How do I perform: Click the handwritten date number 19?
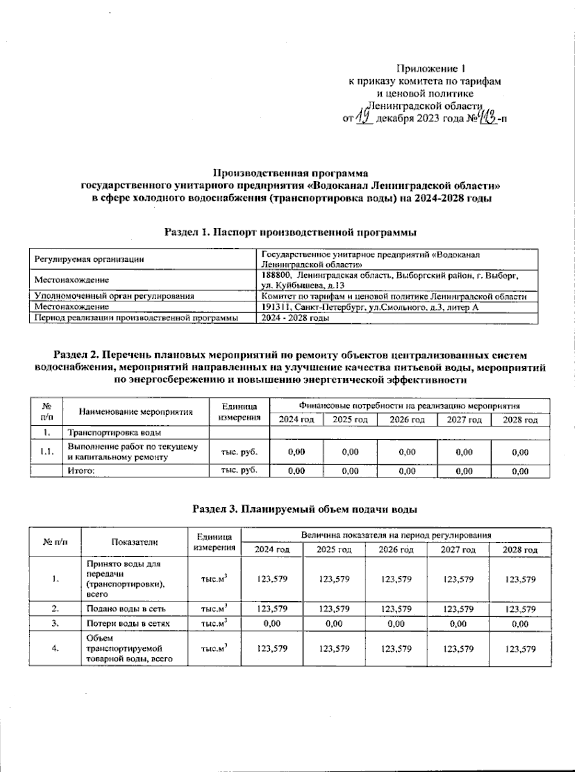[x=365, y=117]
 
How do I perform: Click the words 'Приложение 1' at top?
[x=431, y=69]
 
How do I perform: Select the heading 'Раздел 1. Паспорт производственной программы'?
[x=290, y=233]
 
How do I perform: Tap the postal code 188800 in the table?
[x=276, y=276]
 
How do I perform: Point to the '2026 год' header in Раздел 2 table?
[x=407, y=420]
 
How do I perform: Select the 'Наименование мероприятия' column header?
[x=136, y=411]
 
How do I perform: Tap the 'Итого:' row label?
[x=80, y=471]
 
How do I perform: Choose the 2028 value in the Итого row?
[x=520, y=471]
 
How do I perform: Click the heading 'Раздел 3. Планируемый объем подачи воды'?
[x=304, y=509]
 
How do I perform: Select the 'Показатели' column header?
[x=134, y=542]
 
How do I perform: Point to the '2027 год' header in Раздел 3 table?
[x=458, y=550]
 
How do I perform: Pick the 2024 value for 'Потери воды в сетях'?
[x=272, y=624]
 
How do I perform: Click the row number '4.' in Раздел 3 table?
[x=55, y=649]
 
